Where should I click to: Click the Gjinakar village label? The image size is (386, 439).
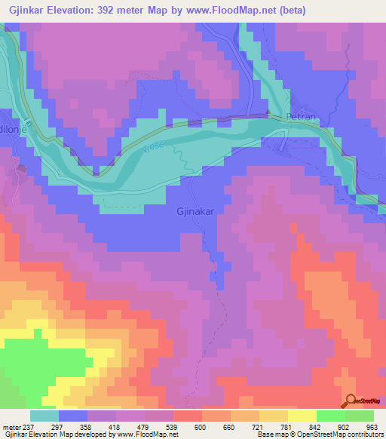197,212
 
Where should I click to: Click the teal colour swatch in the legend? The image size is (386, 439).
44,416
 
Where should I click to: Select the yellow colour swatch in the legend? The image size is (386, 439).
302,416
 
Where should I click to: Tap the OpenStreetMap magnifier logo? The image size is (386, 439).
350,401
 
